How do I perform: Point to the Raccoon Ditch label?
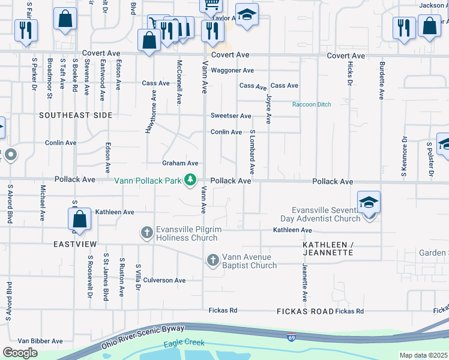pyautogui.click(x=312, y=104)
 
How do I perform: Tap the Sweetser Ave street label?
pyautogui.click(x=231, y=116)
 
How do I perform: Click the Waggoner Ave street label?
pyautogui.click(x=232, y=70)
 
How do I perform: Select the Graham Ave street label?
pyautogui.click(x=180, y=163)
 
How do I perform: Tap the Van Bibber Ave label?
pyautogui.click(x=40, y=341)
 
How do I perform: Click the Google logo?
pyautogui.click(x=20, y=353)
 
